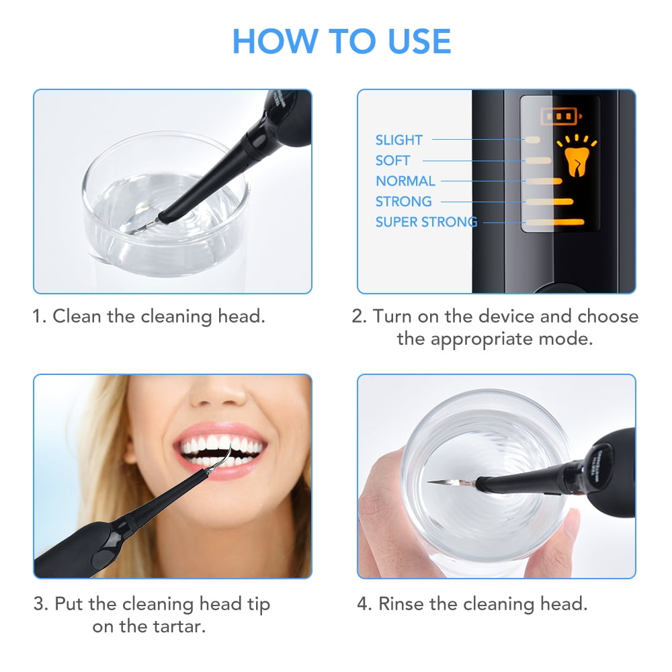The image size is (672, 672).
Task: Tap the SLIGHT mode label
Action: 398,140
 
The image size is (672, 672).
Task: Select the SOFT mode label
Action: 392,161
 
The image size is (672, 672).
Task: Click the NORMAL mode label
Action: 405,181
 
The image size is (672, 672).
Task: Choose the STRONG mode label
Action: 403,201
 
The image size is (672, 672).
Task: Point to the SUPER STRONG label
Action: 426,222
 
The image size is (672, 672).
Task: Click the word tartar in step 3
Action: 179,626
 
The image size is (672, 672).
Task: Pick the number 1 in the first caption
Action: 37,316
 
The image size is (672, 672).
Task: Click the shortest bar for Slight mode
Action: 532,140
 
